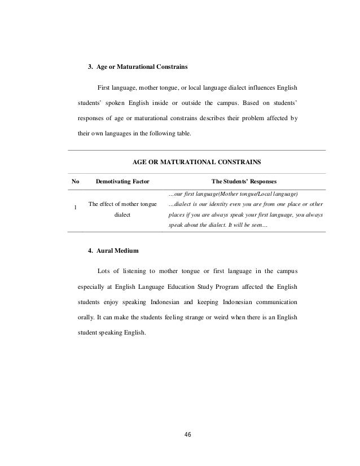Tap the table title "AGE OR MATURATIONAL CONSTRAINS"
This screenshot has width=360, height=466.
(x=196, y=161)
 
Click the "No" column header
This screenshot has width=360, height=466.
(x=74, y=182)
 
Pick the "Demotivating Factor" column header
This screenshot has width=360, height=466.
(x=122, y=182)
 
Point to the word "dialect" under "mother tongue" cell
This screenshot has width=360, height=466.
(x=122, y=215)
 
